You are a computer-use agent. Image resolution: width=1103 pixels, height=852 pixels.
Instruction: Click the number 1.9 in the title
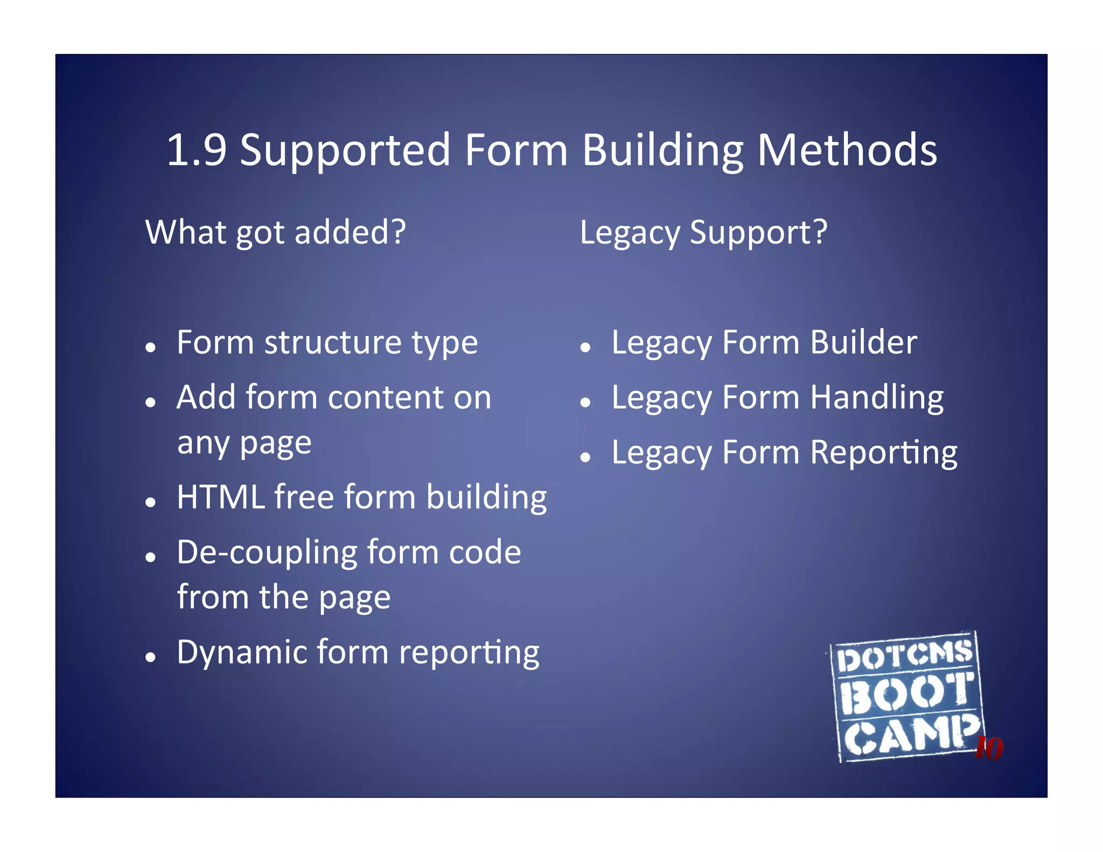click(x=197, y=150)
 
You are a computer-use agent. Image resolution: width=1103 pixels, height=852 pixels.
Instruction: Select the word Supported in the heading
click(x=345, y=151)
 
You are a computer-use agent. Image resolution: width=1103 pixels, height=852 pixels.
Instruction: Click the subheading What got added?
click(x=275, y=232)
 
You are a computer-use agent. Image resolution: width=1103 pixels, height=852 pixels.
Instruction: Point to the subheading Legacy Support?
click(x=703, y=232)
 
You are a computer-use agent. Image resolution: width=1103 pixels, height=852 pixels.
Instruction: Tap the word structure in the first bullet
click(x=333, y=343)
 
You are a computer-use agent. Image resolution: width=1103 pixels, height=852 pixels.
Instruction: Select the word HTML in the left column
click(x=221, y=497)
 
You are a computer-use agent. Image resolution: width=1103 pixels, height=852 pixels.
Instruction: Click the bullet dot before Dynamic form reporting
click(x=151, y=657)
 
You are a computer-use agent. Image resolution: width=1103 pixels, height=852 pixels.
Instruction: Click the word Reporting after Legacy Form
click(x=883, y=453)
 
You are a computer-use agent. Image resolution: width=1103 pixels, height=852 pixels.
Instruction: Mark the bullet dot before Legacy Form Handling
click(x=586, y=402)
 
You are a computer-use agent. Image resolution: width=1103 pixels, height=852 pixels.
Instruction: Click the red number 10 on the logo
click(x=989, y=748)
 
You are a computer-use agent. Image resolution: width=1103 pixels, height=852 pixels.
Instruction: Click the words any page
click(x=244, y=444)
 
